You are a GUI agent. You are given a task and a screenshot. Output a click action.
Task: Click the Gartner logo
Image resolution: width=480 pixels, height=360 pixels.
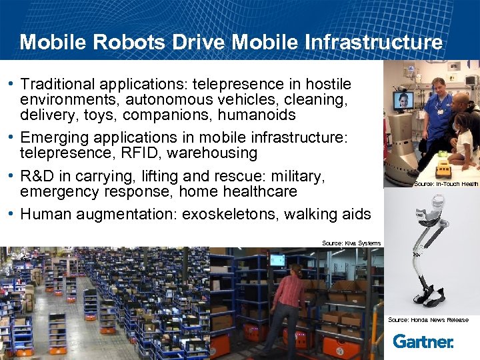point(423,341)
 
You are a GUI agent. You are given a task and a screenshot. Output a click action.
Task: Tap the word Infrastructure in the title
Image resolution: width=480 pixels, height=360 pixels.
point(373,43)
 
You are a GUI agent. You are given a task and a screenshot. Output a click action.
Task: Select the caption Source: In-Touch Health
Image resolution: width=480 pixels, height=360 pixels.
point(446,184)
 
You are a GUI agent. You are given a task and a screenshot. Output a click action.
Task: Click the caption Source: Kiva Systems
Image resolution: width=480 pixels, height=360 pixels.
point(351,243)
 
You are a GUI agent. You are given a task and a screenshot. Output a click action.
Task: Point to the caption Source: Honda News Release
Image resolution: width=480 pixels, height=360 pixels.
point(428,320)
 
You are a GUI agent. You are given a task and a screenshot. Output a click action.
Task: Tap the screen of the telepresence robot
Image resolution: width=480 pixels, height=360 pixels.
point(403,101)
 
